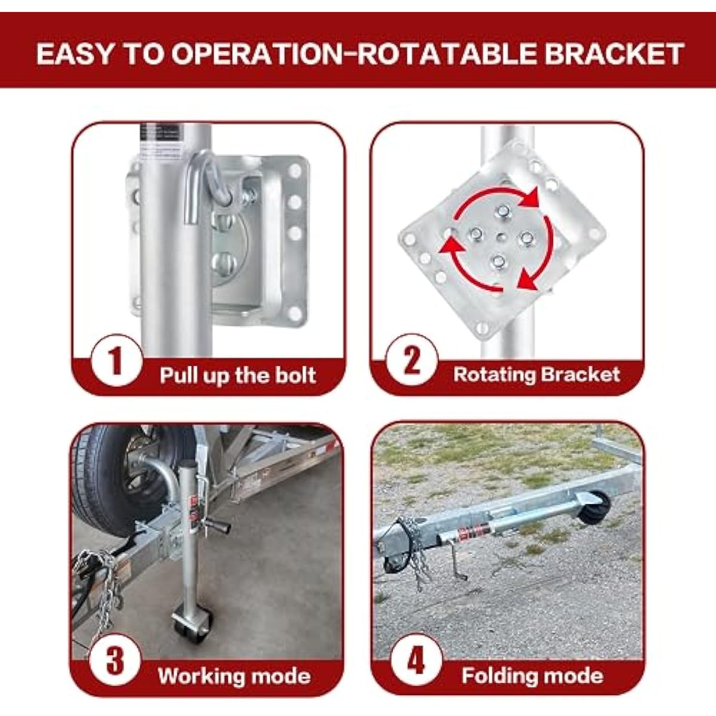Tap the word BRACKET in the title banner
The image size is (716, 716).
pyautogui.click(x=614, y=54)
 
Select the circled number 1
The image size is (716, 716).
pyautogui.click(x=117, y=360)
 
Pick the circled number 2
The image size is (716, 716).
pyautogui.click(x=412, y=360)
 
